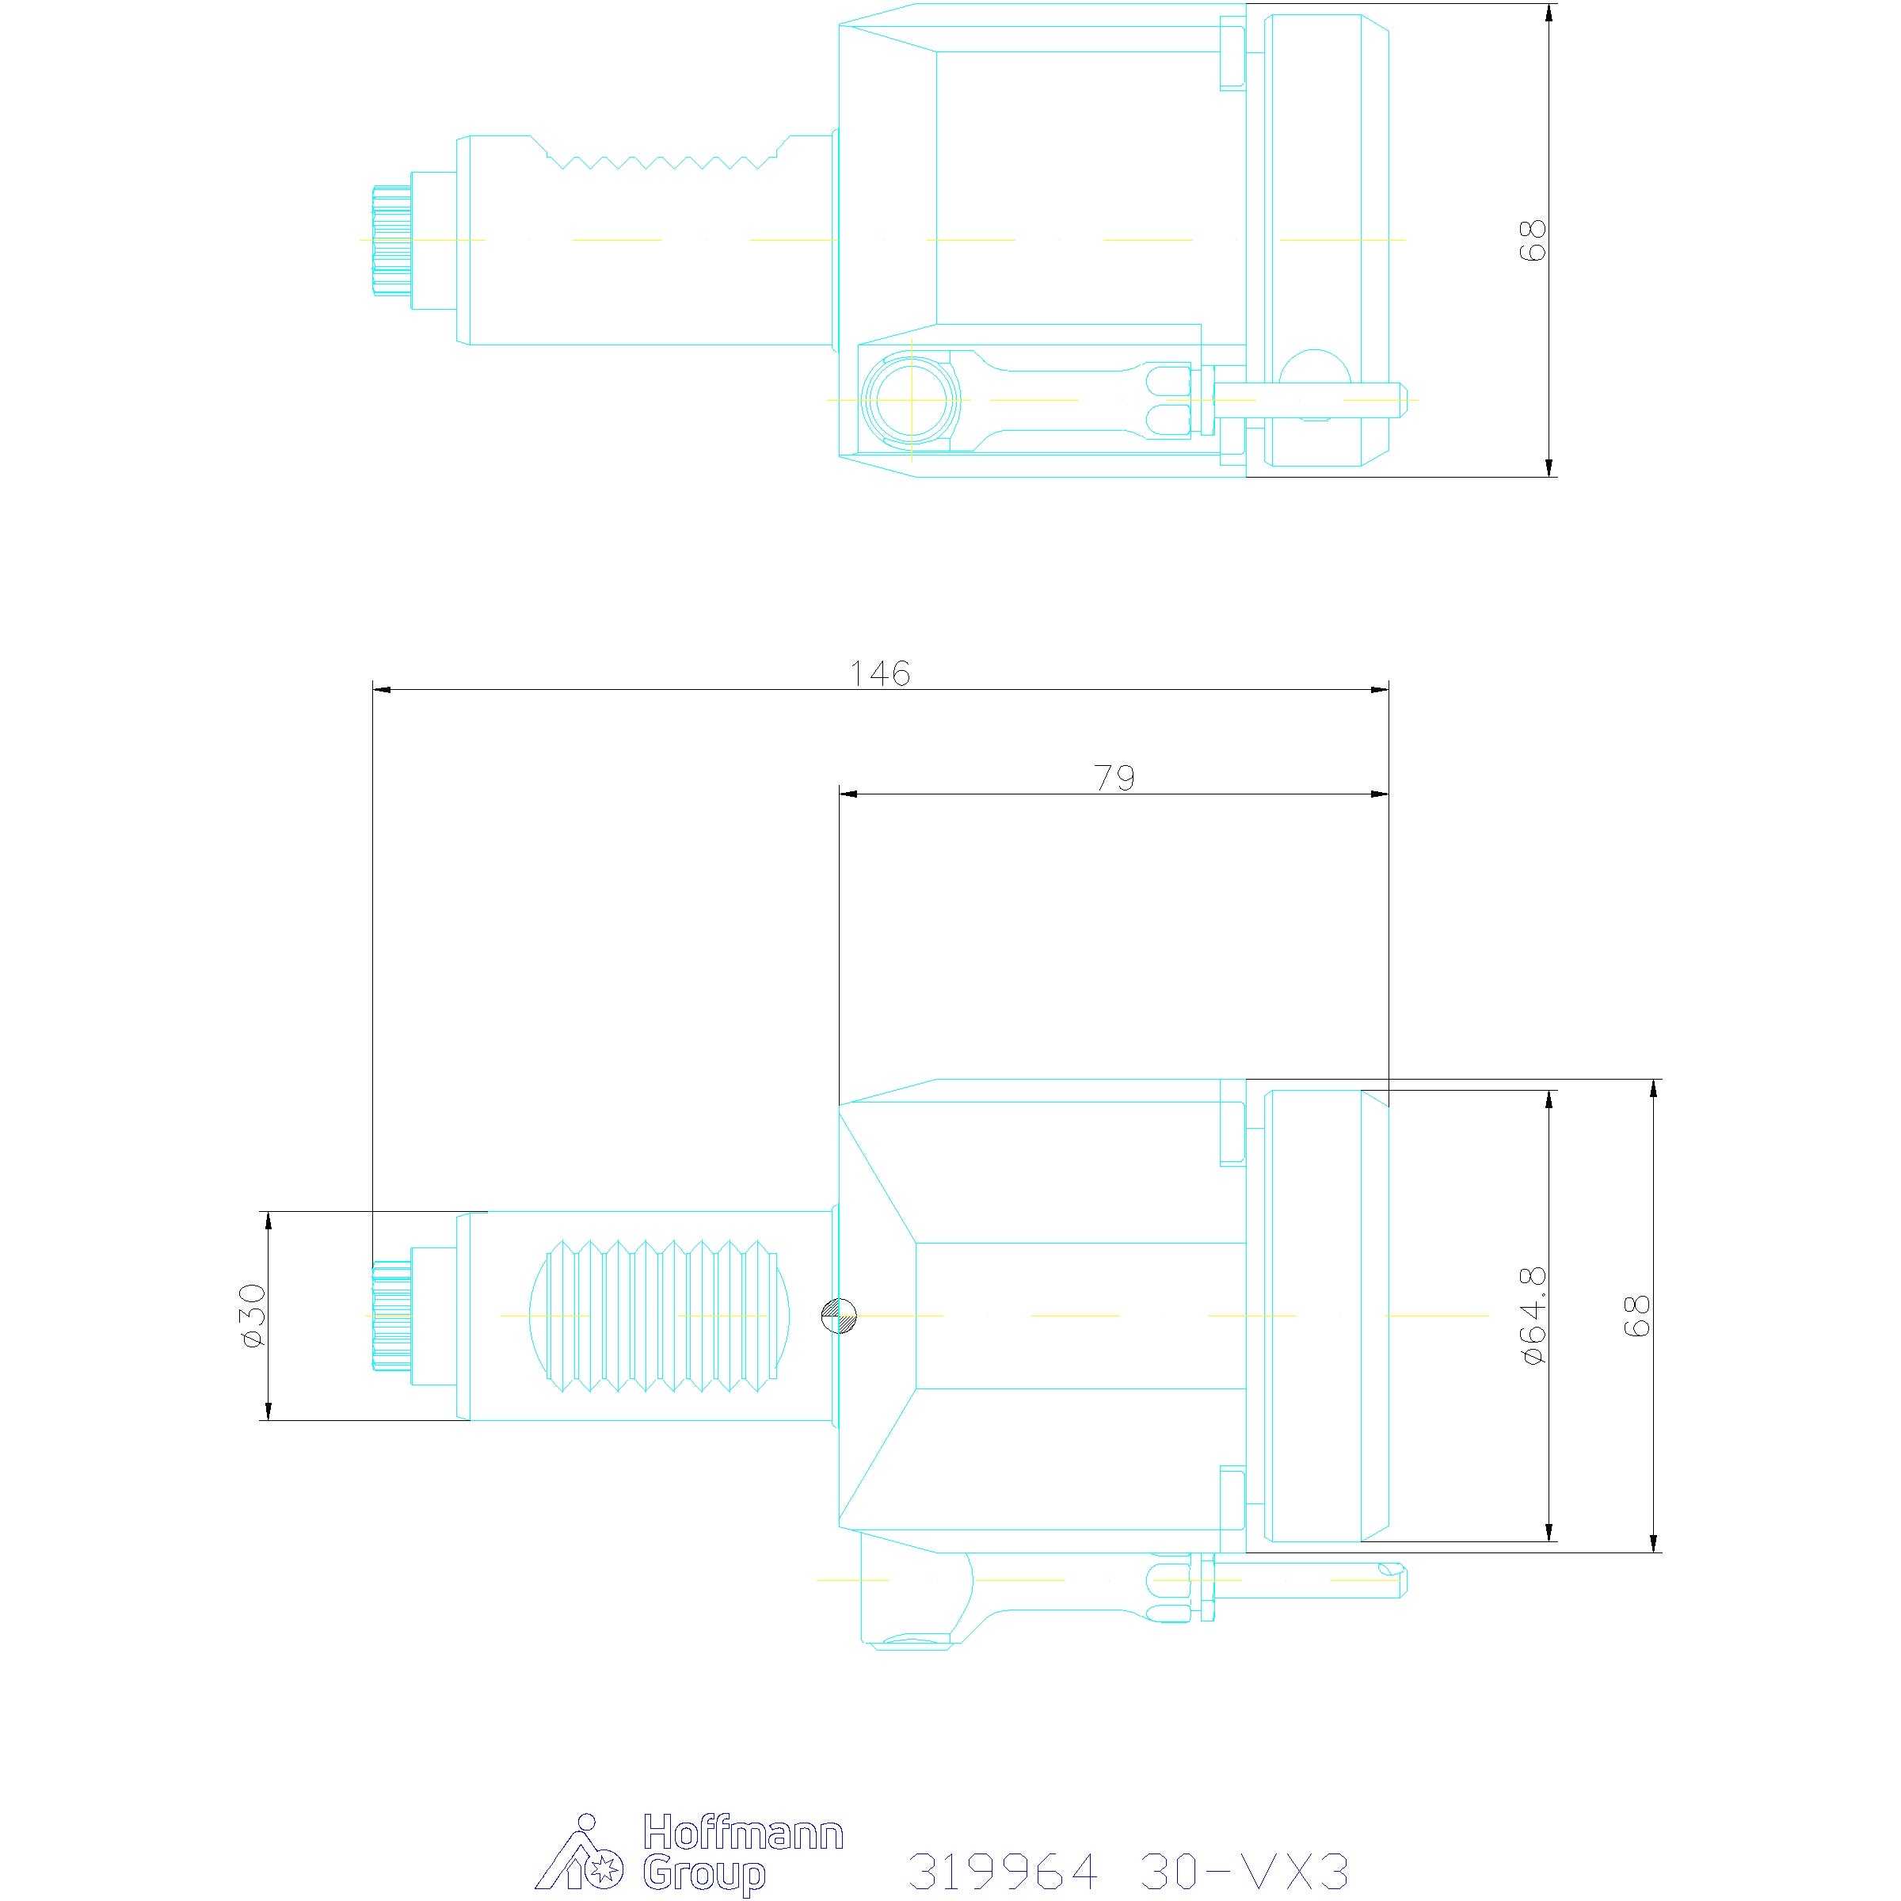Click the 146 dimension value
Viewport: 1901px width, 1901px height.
[880, 673]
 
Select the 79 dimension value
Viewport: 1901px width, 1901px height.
[1114, 779]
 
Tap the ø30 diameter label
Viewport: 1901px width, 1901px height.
[253, 1315]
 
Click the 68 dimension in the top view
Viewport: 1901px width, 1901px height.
[1533, 239]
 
